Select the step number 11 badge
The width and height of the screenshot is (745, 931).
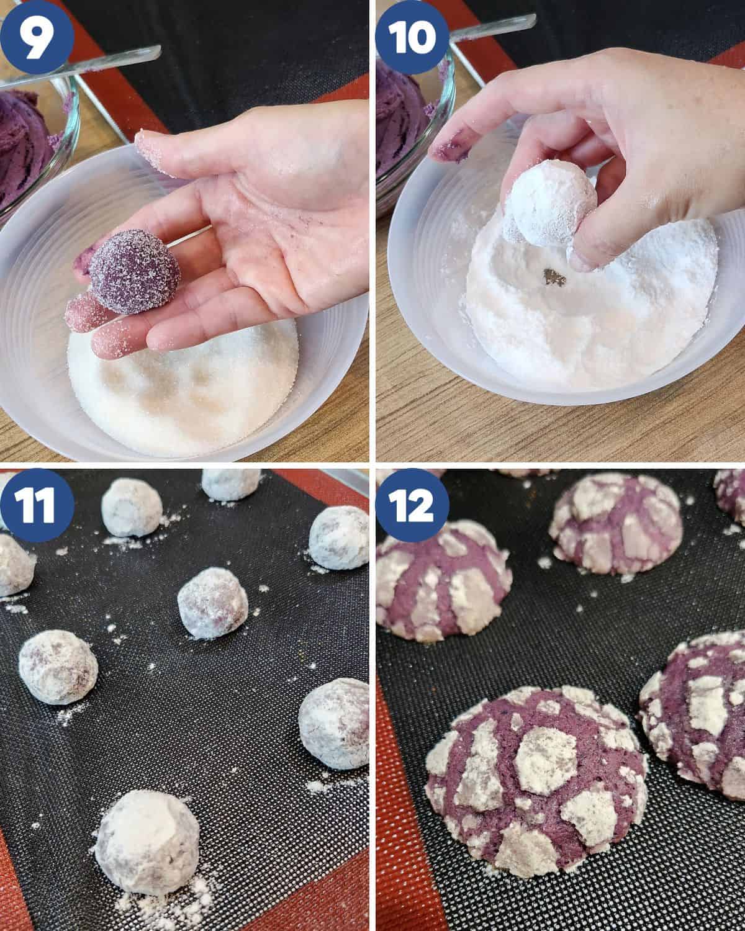click(37, 505)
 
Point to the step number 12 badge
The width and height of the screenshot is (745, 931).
click(412, 505)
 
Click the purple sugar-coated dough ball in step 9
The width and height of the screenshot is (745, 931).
click(134, 271)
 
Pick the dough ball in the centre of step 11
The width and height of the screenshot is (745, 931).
click(212, 603)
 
